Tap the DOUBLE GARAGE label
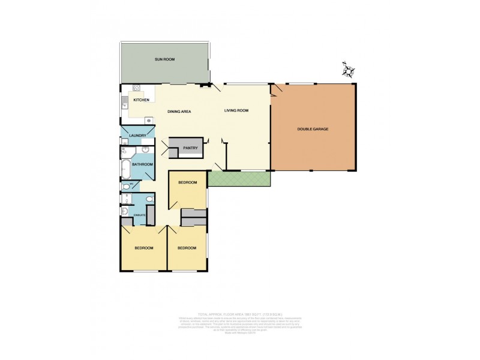pyautogui.click(x=313, y=129)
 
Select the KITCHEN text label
pyautogui.click(x=141, y=100)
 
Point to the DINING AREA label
pyautogui.click(x=179, y=111)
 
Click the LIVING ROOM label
pyautogui.click(x=236, y=110)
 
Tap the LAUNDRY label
pyautogui.click(x=137, y=136)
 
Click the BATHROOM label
pyautogui.click(x=142, y=164)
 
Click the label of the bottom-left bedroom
pyautogui.click(x=143, y=248)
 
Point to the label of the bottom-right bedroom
pyautogui.click(x=187, y=248)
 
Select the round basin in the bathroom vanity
pyautogui.click(x=146, y=150)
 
